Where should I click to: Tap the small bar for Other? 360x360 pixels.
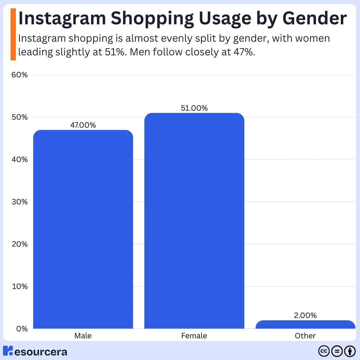[305, 325]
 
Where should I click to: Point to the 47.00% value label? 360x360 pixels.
[83, 125]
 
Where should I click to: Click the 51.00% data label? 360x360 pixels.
[194, 108]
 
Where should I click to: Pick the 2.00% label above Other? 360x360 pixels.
[305, 315]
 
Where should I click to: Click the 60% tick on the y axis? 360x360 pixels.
[19, 75]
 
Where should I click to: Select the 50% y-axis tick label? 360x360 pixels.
[19, 117]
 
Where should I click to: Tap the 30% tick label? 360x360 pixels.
[19, 202]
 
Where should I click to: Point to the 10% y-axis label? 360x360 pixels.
[19, 287]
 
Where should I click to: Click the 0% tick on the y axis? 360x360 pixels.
[21, 329]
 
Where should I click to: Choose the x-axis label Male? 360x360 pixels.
[83, 336]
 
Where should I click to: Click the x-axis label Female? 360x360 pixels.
[194, 336]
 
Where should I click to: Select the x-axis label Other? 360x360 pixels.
[305, 336]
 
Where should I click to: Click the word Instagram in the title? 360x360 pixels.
[62, 19]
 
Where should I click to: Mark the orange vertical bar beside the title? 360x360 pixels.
[13, 34]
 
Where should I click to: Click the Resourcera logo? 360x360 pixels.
[35, 351]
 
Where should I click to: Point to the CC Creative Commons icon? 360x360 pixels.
[324, 351]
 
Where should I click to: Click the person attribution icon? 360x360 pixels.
[350, 351]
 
